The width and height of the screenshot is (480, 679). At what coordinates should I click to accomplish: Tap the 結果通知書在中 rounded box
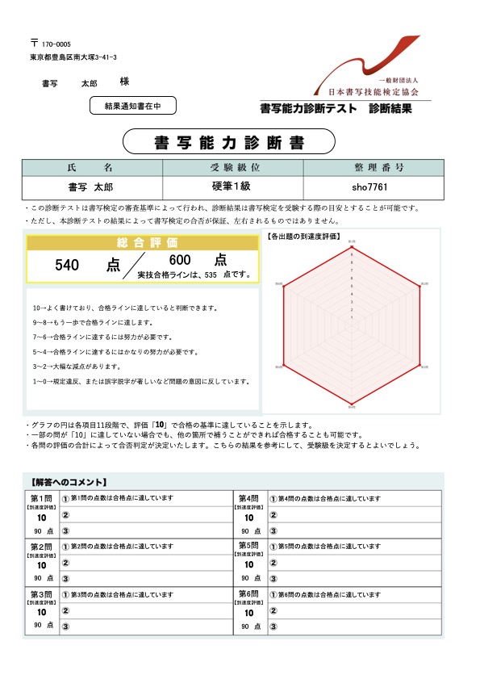click(131, 105)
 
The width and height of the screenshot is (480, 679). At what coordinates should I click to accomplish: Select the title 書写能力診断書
click(228, 143)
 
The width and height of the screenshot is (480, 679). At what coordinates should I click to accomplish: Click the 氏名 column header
click(91, 168)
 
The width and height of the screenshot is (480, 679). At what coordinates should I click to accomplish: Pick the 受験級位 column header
click(233, 168)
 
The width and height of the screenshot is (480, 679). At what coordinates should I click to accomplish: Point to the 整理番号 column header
click(374, 168)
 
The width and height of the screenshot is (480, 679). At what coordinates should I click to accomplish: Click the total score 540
click(68, 264)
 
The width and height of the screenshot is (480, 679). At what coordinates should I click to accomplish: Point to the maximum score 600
click(180, 260)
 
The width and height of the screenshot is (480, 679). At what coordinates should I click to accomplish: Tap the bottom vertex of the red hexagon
click(351, 404)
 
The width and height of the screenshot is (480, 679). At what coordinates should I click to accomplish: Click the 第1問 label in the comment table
click(40, 497)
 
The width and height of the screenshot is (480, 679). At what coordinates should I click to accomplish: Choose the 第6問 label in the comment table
click(248, 593)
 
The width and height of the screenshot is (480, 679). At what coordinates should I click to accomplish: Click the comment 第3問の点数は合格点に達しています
click(122, 594)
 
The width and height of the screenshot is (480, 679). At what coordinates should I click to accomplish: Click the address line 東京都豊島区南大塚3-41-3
click(73, 58)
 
